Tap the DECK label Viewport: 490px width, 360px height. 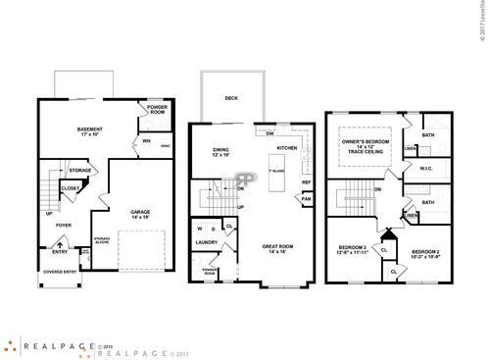click(x=231, y=98)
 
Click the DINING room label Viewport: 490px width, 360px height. click(x=220, y=150)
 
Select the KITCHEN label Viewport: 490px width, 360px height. click(x=286, y=148)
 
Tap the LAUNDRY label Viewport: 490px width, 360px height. click(x=206, y=242)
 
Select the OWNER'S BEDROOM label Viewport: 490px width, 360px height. click(x=367, y=144)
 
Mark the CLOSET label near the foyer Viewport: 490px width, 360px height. click(x=71, y=187)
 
